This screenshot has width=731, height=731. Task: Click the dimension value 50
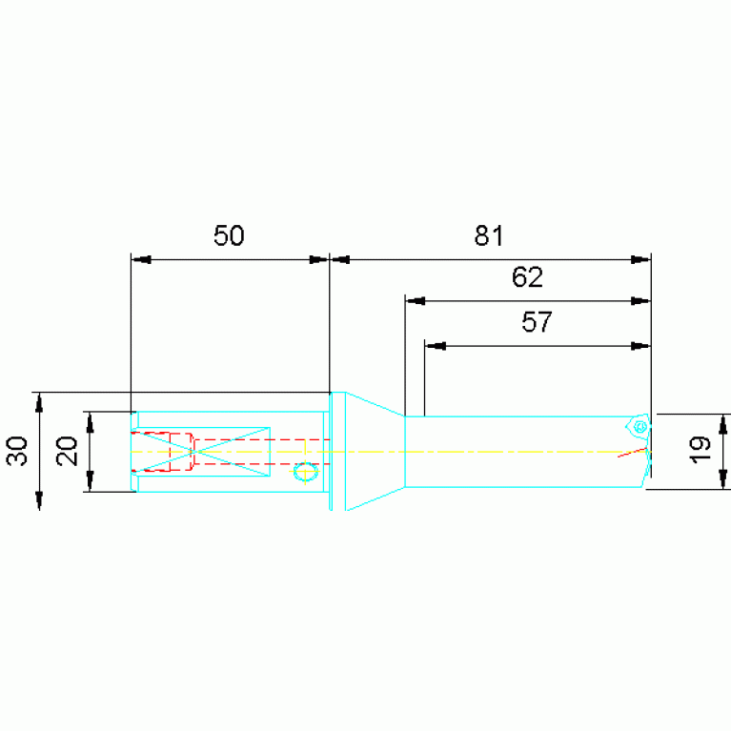coord(229,235)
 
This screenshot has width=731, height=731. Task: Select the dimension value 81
coord(489,235)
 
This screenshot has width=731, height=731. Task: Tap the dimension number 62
coord(527,277)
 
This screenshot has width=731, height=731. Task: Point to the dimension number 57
coord(537,322)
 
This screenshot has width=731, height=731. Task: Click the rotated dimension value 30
coord(17,451)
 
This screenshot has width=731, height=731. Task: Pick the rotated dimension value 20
coord(67,451)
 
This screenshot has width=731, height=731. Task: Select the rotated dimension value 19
coord(700,450)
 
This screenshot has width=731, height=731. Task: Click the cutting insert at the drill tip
coord(639,426)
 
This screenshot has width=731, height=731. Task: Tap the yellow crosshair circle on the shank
coord(305,472)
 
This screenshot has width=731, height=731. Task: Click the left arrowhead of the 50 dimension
coord(141,259)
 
